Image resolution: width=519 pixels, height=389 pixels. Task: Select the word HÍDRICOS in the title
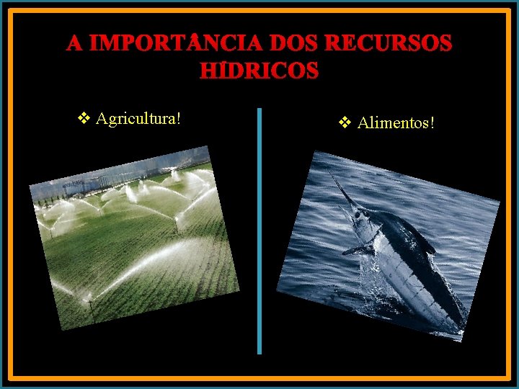[x=258, y=71]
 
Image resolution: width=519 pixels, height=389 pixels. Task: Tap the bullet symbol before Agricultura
[x=83, y=118]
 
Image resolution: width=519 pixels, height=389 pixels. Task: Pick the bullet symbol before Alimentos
[x=345, y=123]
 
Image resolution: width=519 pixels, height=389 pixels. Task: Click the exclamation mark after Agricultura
[x=177, y=118]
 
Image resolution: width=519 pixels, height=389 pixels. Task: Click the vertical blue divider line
[x=259, y=231]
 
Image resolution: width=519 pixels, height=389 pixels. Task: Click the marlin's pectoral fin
[x=357, y=251]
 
